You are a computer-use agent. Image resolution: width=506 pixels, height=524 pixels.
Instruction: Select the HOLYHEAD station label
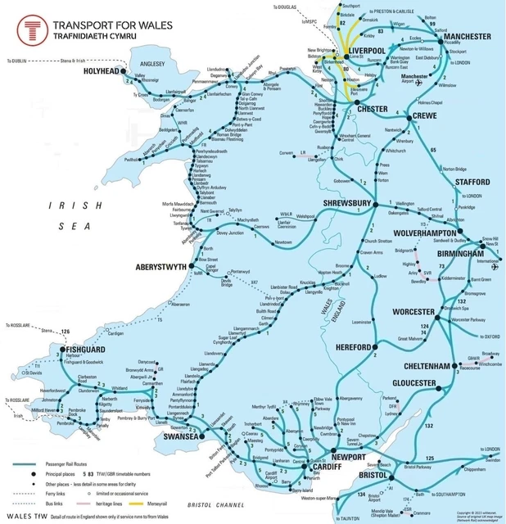pyautogui.click(x=102, y=72)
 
